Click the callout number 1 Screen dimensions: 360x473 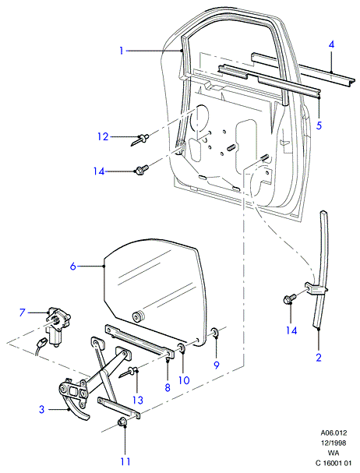coord(122,51)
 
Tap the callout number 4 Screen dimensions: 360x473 coord(331,44)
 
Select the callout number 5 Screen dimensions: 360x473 coord(319,125)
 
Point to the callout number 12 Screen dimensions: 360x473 coord(103,136)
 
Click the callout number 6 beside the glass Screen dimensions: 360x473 coord(73,267)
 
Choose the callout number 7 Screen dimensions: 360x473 coord(22,312)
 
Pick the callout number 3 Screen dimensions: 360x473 coord(41,409)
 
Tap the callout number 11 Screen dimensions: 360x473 coord(125,461)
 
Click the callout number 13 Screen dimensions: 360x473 coord(138,400)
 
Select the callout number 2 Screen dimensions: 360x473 coord(319,358)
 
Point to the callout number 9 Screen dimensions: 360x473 coord(217,365)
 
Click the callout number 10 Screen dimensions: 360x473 coord(184,380)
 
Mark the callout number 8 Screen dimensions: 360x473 coord(168,387)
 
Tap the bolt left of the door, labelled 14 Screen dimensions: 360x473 coord(142,170)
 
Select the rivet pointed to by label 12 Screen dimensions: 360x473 coord(140,139)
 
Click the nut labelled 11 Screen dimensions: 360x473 coord(122,422)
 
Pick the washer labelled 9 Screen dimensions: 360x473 coord(215,332)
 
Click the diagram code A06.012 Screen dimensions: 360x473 coord(334,433)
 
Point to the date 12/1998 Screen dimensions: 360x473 coord(334,443)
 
